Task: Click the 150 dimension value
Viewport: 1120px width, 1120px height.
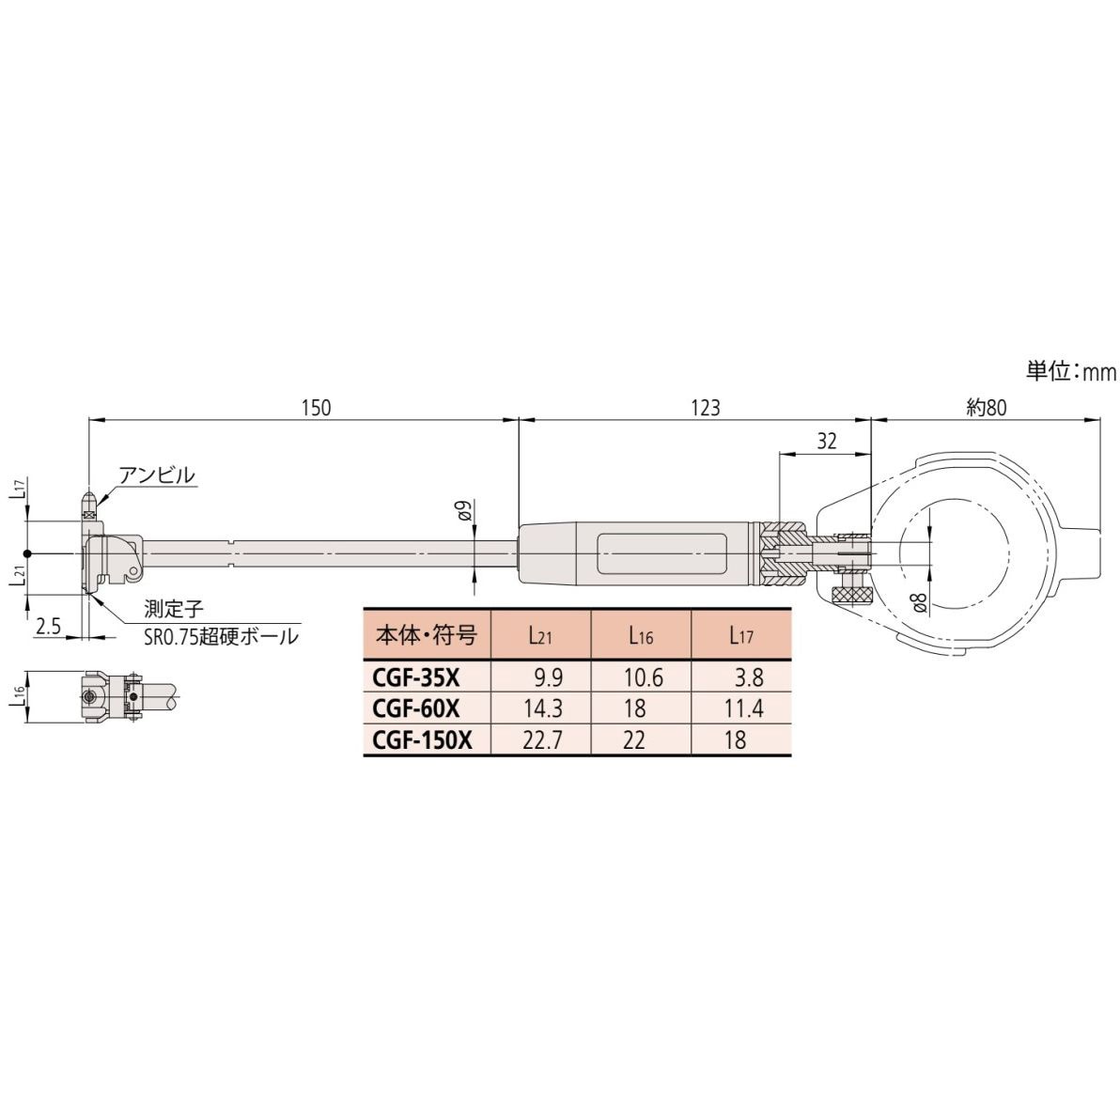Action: coord(317,407)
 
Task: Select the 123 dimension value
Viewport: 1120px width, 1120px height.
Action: coord(705,407)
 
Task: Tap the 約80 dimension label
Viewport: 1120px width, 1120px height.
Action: coord(986,407)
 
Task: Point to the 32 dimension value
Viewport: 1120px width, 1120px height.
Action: coord(827,443)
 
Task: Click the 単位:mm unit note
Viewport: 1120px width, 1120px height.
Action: coord(1070,372)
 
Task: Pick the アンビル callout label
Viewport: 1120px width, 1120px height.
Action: coord(157,474)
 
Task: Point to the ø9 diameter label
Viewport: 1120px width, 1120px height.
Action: coord(463,512)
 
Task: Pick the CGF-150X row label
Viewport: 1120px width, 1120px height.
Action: coord(420,739)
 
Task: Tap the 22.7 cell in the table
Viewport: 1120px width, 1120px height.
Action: coord(542,739)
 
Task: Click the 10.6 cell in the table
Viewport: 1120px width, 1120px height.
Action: coord(642,677)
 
